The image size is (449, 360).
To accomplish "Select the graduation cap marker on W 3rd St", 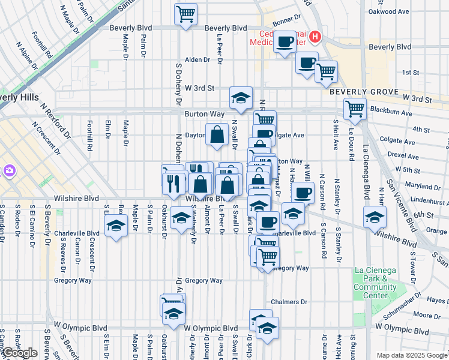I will (x=241, y=98).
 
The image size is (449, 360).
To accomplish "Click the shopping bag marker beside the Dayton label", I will (x=216, y=135).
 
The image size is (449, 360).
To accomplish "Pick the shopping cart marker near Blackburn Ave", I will (x=355, y=109).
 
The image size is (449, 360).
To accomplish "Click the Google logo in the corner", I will (x=20, y=353).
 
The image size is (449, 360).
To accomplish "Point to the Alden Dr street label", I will (x=197, y=59).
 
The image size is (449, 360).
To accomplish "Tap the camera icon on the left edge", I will (x=8, y=172).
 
